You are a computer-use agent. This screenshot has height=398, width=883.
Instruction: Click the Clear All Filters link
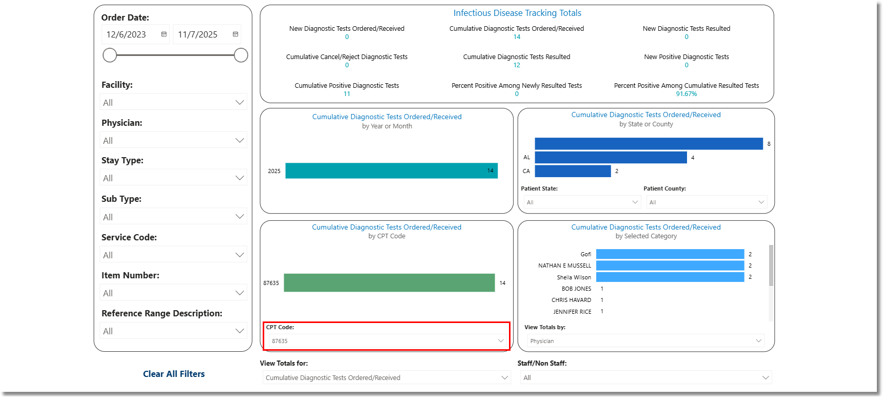[173, 374]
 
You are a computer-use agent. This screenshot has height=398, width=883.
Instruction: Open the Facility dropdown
[173, 102]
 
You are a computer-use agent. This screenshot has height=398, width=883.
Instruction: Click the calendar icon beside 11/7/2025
[236, 34]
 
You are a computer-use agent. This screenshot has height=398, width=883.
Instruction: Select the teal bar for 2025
[391, 170]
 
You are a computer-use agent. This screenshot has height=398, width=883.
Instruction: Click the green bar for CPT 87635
[389, 282]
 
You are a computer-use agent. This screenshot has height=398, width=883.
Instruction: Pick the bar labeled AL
[611, 157]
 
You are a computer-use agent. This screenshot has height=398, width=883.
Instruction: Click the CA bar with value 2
[573, 171]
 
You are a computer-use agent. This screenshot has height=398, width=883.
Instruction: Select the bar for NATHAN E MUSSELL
[670, 266]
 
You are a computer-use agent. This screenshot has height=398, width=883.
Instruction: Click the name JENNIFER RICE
[572, 312]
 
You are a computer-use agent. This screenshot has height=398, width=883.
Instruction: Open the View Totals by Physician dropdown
[645, 341]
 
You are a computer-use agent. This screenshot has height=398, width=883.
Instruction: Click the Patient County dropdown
[707, 202]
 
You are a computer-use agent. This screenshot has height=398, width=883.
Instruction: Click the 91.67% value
[686, 94]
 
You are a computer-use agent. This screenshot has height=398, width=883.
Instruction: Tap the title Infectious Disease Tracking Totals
[517, 13]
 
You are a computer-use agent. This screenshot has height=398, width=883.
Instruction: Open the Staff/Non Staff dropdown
[645, 377]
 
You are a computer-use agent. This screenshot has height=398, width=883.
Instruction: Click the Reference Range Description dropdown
[173, 331]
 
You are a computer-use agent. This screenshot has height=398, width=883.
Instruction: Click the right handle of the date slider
[241, 55]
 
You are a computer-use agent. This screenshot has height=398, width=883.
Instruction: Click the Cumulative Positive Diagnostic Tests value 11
[347, 94]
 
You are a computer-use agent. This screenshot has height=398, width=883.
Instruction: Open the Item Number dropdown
[173, 293]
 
